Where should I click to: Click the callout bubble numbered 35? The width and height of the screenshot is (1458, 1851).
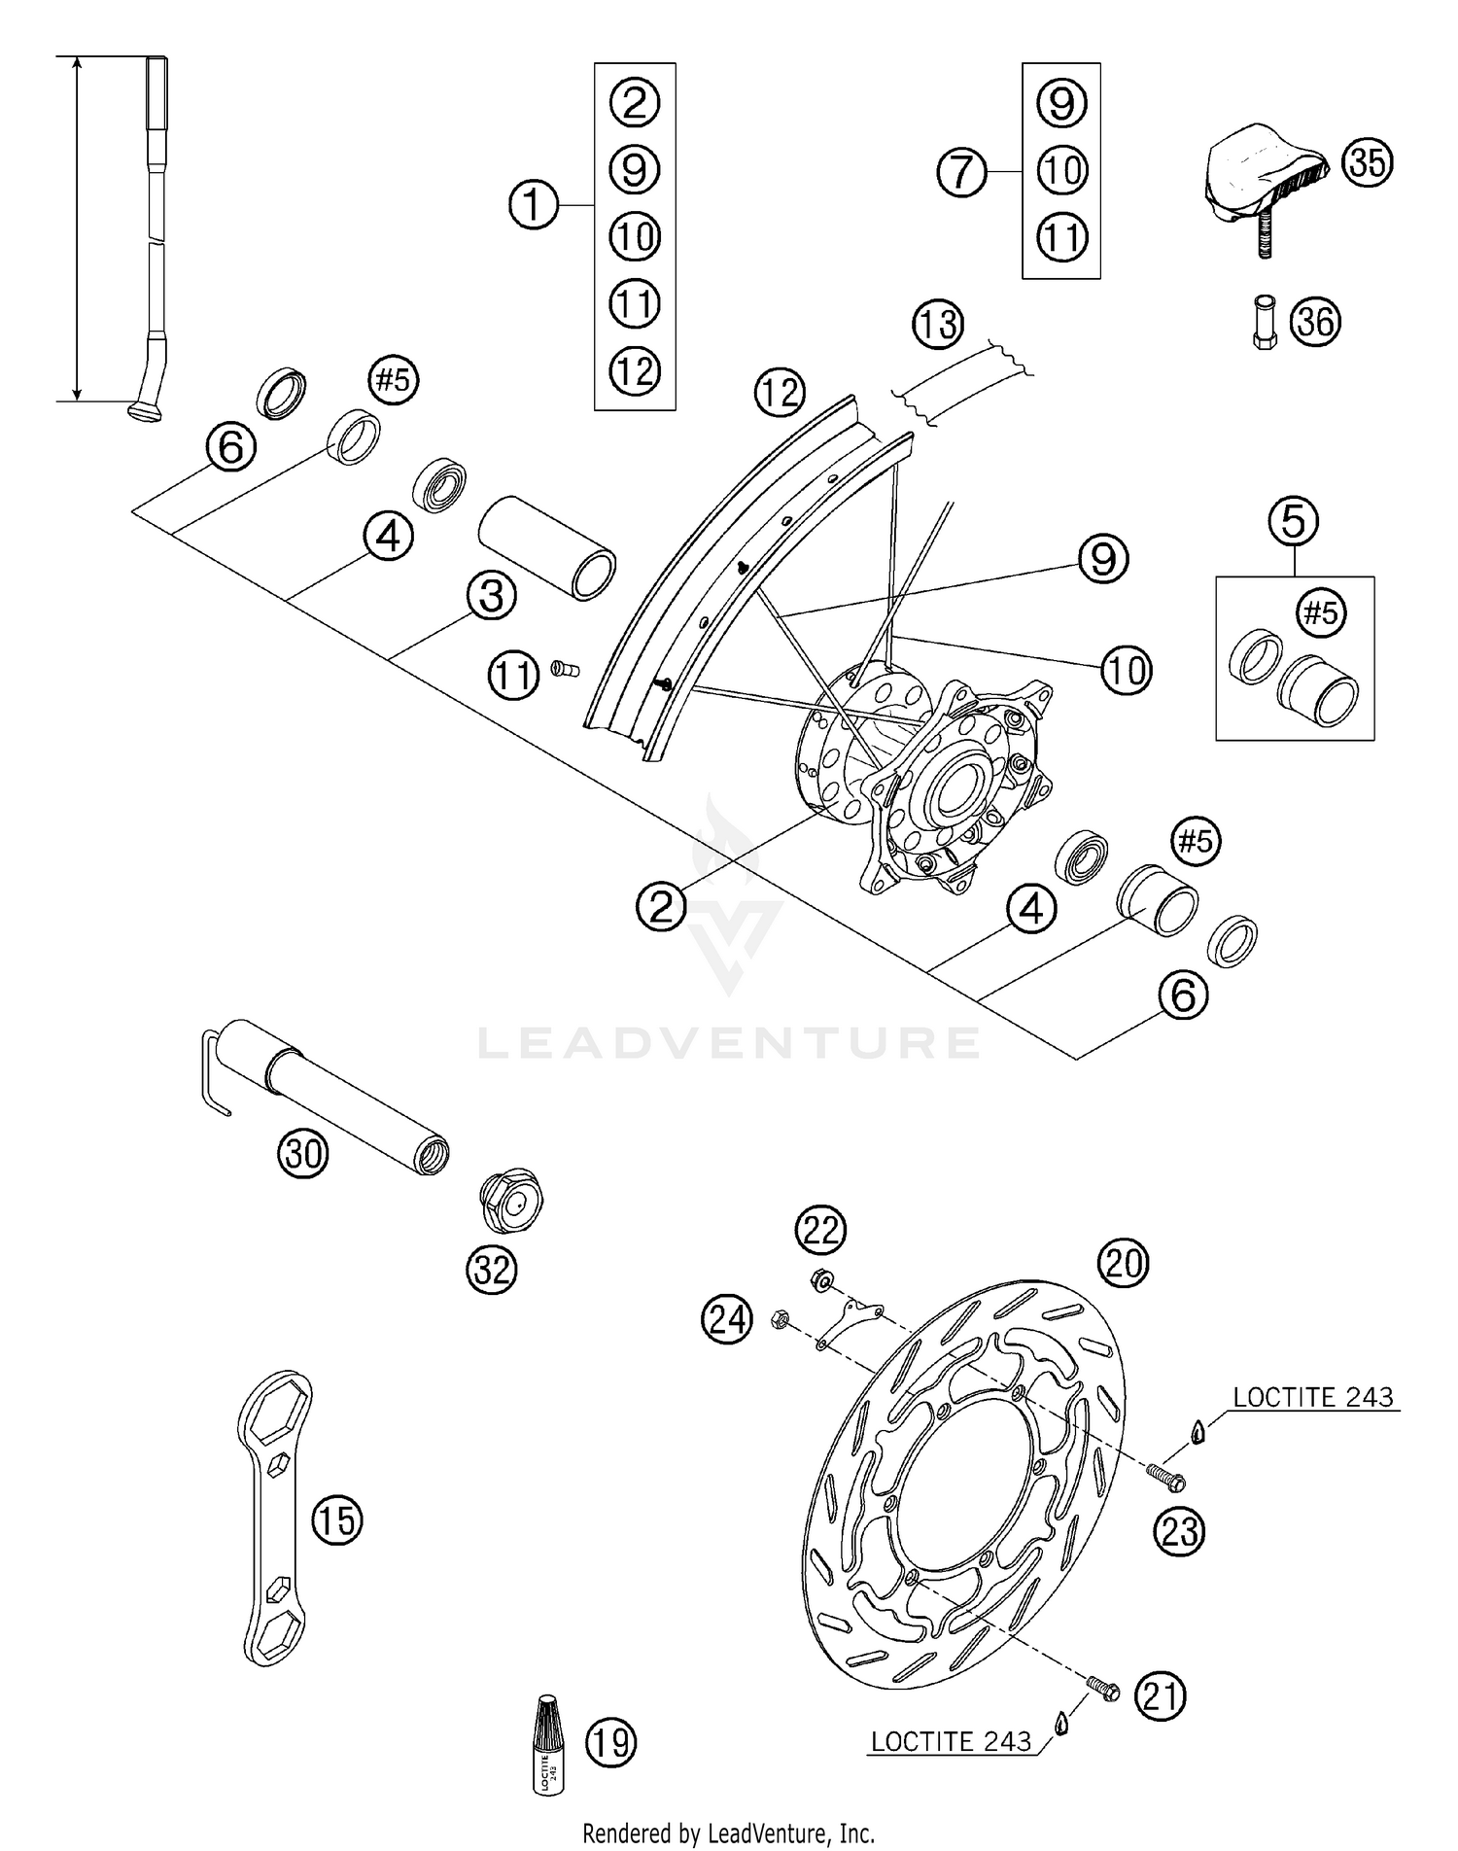pyautogui.click(x=1367, y=162)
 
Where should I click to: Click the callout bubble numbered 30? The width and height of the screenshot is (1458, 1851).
pyautogui.click(x=303, y=1154)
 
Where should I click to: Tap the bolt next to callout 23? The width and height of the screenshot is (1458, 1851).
pyautogui.click(x=1167, y=1478)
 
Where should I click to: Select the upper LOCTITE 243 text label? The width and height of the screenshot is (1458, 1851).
pyautogui.click(x=1312, y=1397)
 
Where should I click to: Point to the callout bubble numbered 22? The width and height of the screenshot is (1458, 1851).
pyautogui.click(x=820, y=1231)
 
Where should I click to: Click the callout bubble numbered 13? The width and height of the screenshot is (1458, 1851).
pyautogui.click(x=938, y=324)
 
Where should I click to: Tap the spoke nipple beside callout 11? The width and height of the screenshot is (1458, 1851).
pyautogui.click(x=564, y=668)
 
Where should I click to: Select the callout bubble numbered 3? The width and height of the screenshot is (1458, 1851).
pyautogui.click(x=491, y=595)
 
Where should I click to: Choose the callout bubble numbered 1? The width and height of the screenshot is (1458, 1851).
pyautogui.click(x=534, y=205)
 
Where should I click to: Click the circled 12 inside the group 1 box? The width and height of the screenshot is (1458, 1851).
pyautogui.click(x=635, y=370)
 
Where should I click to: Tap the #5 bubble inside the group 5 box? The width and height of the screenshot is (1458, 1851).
pyautogui.click(x=1321, y=612)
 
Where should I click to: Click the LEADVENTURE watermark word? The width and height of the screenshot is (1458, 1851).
pyautogui.click(x=729, y=1042)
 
